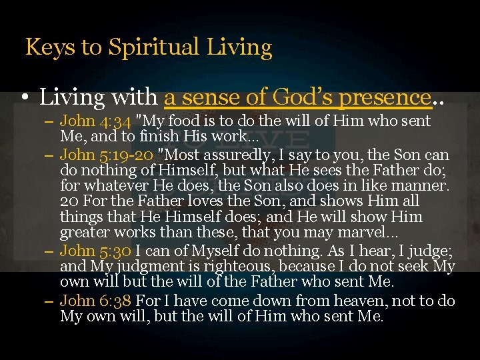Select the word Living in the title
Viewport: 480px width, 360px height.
tap(240, 48)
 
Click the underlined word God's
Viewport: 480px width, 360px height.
tap(295, 98)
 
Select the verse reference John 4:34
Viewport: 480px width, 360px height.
tap(95, 121)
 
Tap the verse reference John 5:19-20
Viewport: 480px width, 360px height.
tap(95, 156)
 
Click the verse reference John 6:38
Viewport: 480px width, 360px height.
tap(95, 301)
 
